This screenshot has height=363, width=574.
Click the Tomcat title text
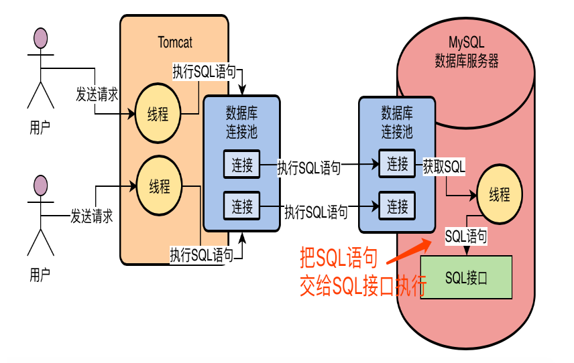pyautogui.click(x=175, y=42)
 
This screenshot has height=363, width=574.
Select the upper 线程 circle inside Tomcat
pyautogui.click(x=158, y=114)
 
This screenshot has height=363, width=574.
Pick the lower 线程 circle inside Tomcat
pyautogui.click(x=159, y=186)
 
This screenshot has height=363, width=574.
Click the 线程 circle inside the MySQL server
pyautogui.click(x=499, y=195)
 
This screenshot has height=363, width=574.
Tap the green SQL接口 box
pyautogui.click(x=466, y=277)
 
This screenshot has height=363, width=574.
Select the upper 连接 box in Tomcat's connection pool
pyautogui.click(x=242, y=165)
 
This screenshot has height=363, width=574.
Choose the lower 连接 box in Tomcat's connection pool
pyautogui.click(x=242, y=206)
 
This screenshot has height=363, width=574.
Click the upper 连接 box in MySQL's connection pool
pyautogui.click(x=397, y=164)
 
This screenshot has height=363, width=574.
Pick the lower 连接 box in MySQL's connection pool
pyautogui.click(x=397, y=205)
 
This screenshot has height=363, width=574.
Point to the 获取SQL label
pyautogui.click(x=443, y=165)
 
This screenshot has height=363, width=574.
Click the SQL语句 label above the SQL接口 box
pyautogui.click(x=466, y=236)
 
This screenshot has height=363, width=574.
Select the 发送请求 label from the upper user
pyautogui.click(x=97, y=94)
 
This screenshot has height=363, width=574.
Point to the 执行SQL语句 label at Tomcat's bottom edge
pyautogui.click(x=202, y=255)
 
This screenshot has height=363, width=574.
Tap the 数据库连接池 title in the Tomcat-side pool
pyautogui.click(x=241, y=120)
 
